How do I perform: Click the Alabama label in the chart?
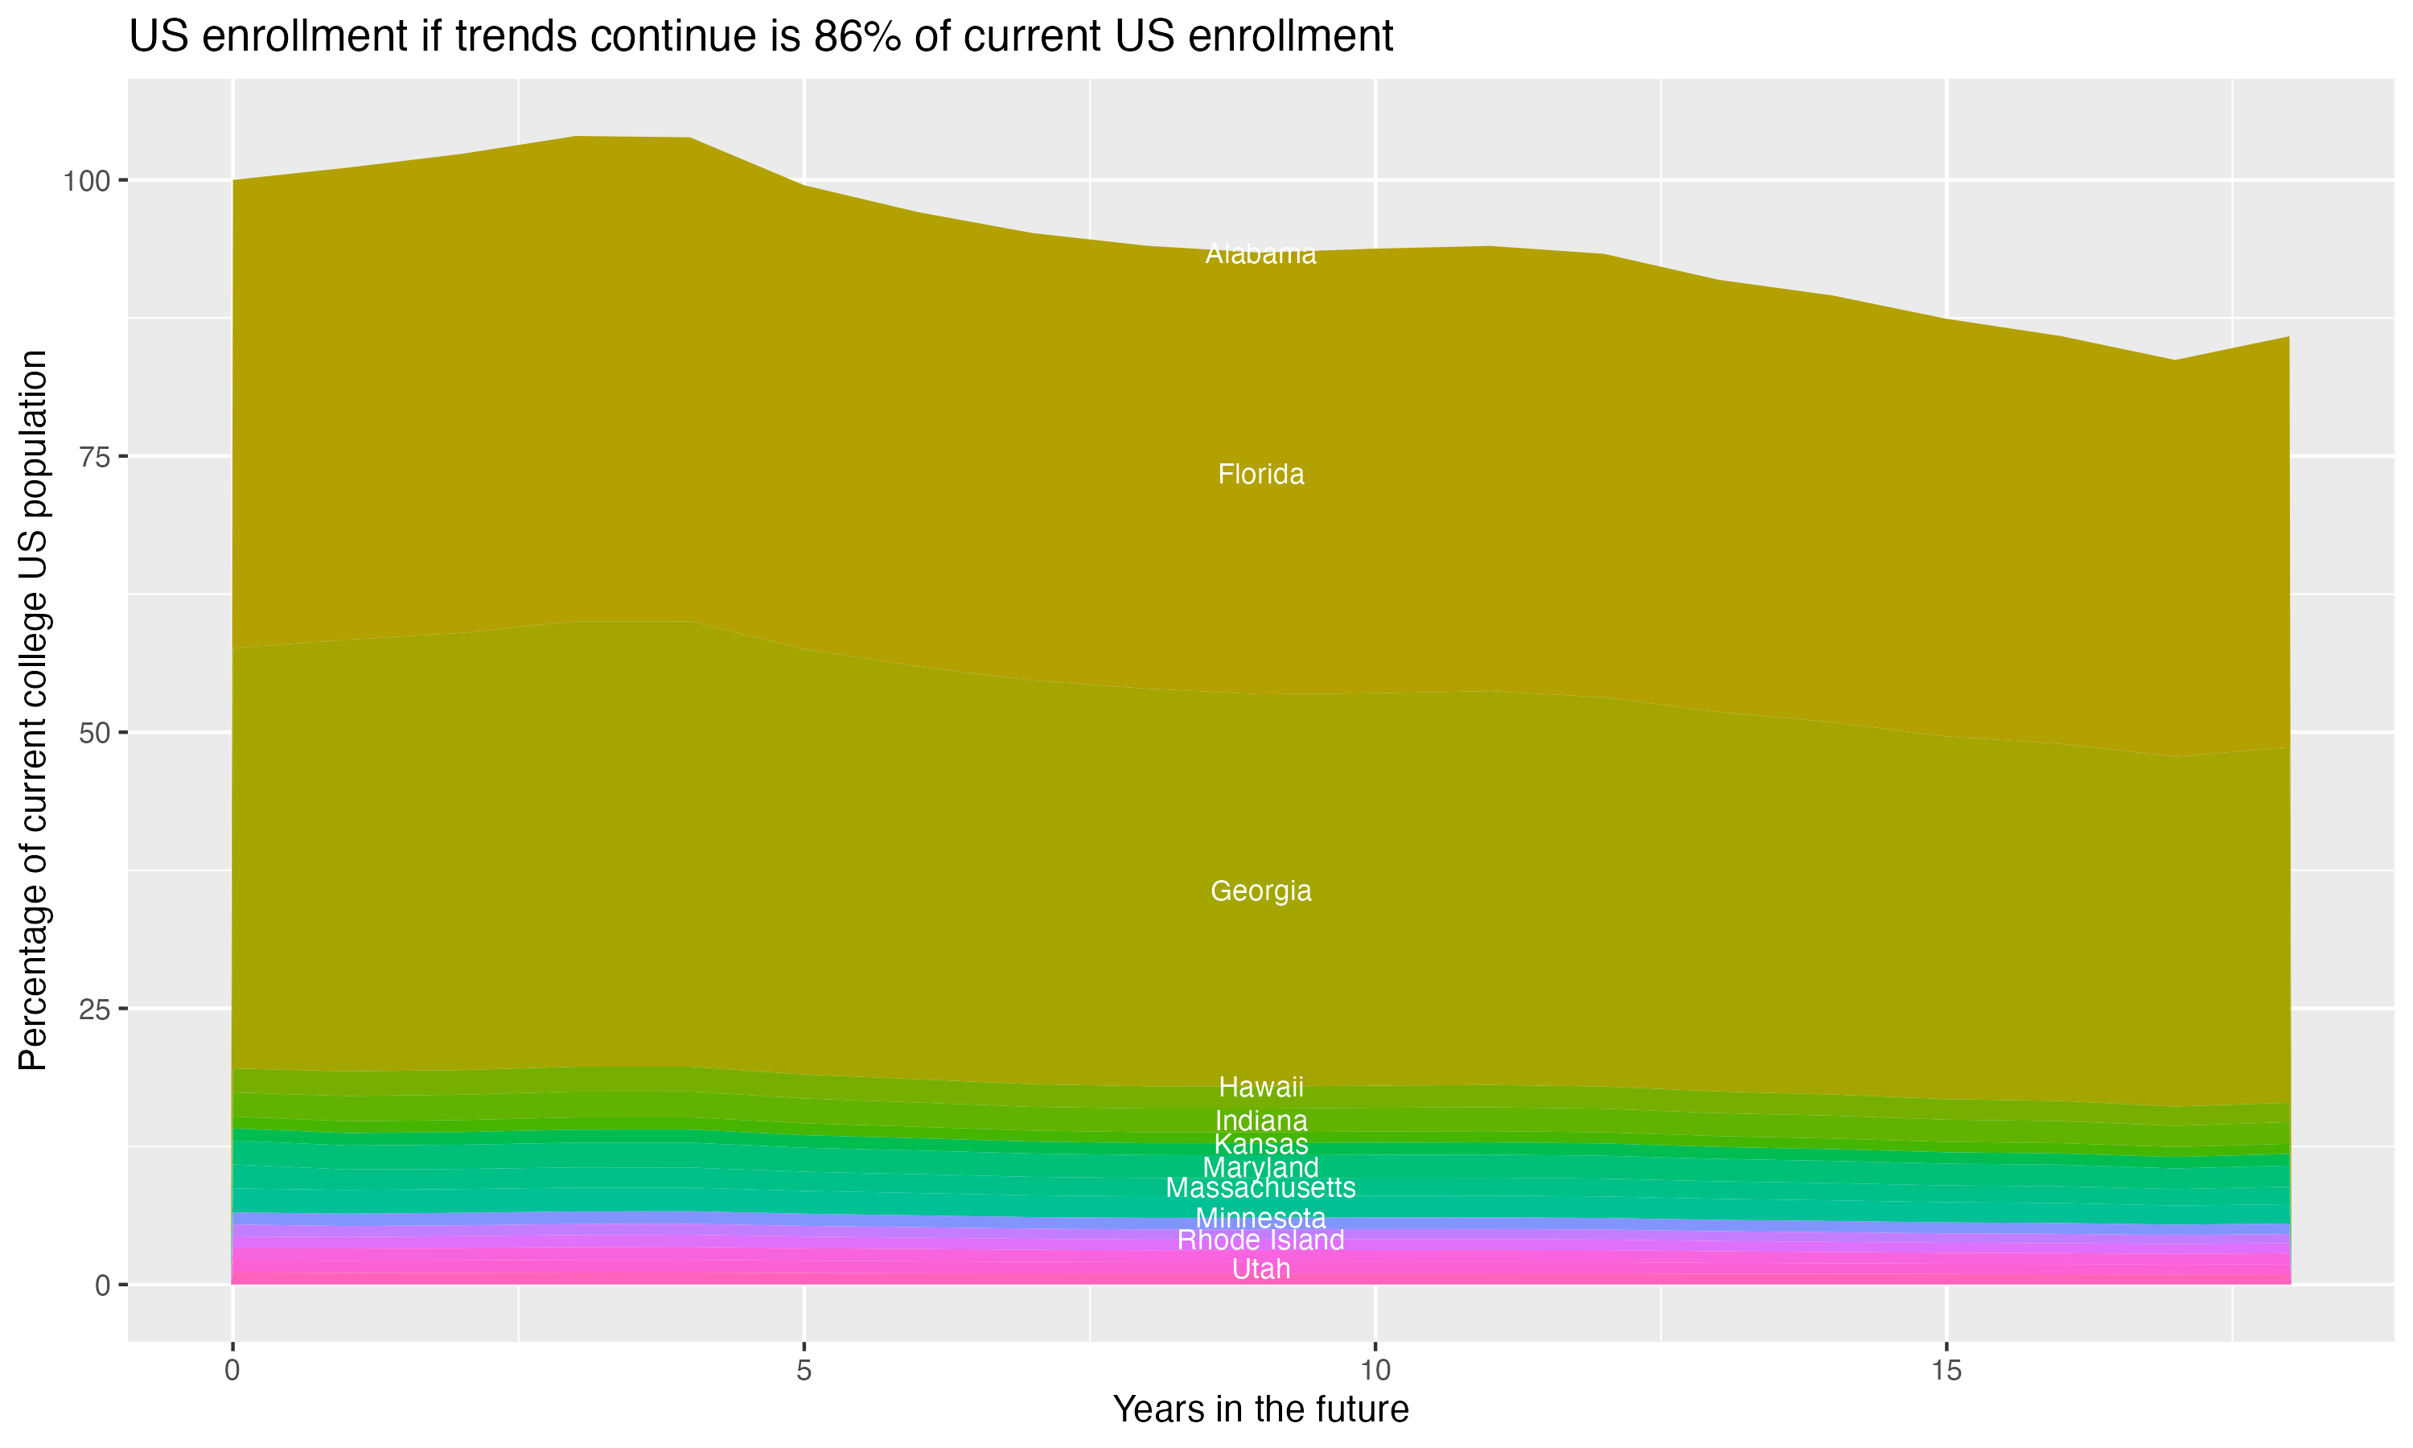tap(1260, 255)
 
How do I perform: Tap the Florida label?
tap(1260, 475)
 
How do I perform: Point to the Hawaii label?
tap(1260, 1087)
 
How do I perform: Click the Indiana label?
tap(1260, 1121)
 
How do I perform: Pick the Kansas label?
tap(1260, 1145)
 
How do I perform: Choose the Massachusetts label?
tap(1260, 1188)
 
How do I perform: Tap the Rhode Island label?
tap(1260, 1241)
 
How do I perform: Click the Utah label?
tap(1260, 1269)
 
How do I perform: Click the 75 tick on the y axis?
tap(95, 457)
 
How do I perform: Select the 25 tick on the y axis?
tap(95, 1009)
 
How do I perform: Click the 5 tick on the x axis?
tap(804, 1371)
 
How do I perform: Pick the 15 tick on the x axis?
tap(1946, 1371)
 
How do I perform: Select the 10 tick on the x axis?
tap(1375, 1371)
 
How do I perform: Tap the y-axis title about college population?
tap(33, 710)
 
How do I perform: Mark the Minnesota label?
tap(1260, 1219)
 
